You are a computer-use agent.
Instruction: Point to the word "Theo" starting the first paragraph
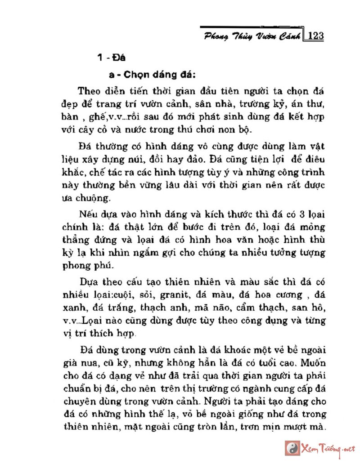[x=88, y=90]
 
